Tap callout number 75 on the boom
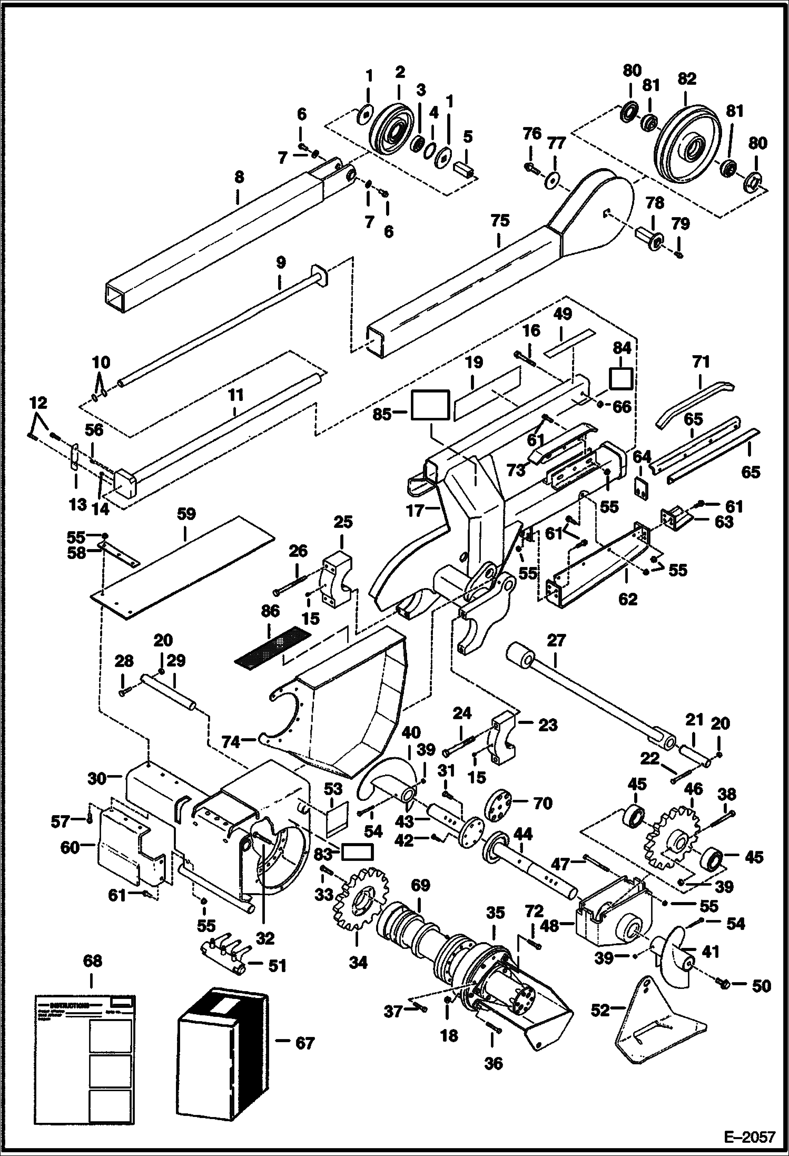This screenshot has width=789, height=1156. tap(500, 220)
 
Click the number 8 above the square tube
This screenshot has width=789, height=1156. tap(239, 178)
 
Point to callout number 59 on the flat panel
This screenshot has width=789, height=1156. tap(186, 514)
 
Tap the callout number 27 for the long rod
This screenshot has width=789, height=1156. tap(557, 640)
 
